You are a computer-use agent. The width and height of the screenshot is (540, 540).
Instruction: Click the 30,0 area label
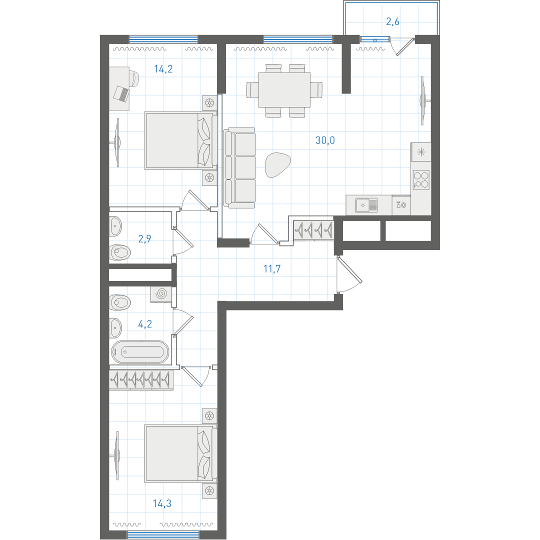tap(325, 140)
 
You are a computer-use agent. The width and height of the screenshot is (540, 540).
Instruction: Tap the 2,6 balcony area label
tap(392, 21)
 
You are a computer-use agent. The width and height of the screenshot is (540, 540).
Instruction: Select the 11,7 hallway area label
tap(272, 268)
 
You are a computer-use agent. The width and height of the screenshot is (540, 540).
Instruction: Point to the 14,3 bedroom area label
tap(162, 503)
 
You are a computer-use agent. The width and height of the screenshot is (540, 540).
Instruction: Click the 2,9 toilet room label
tap(144, 238)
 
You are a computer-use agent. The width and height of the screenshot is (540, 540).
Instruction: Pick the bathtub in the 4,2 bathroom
tap(140, 352)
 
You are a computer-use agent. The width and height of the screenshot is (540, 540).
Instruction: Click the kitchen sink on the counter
tap(366, 205)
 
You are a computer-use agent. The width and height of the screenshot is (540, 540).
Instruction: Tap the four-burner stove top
tap(421, 180)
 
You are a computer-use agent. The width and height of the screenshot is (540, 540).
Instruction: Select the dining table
tap(284, 89)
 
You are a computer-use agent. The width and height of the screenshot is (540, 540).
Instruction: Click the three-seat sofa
tap(239, 167)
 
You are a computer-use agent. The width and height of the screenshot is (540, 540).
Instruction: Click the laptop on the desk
tap(121, 93)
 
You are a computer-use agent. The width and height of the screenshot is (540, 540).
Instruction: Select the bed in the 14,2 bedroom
tap(181, 140)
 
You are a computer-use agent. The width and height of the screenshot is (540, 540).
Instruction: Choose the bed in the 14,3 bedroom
tap(181, 453)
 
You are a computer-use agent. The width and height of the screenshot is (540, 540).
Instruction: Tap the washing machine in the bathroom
tap(161, 294)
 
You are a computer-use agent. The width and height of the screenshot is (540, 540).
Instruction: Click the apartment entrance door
tap(349, 275)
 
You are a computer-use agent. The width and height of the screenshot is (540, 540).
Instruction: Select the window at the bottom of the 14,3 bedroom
tap(163, 535)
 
